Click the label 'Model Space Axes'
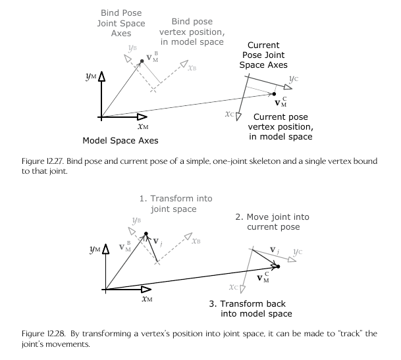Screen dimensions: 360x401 (x=120, y=141)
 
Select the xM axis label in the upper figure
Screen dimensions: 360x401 (x=145, y=126)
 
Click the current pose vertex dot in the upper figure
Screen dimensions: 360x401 (x=275, y=94)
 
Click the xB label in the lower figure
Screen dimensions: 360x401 (x=196, y=242)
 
